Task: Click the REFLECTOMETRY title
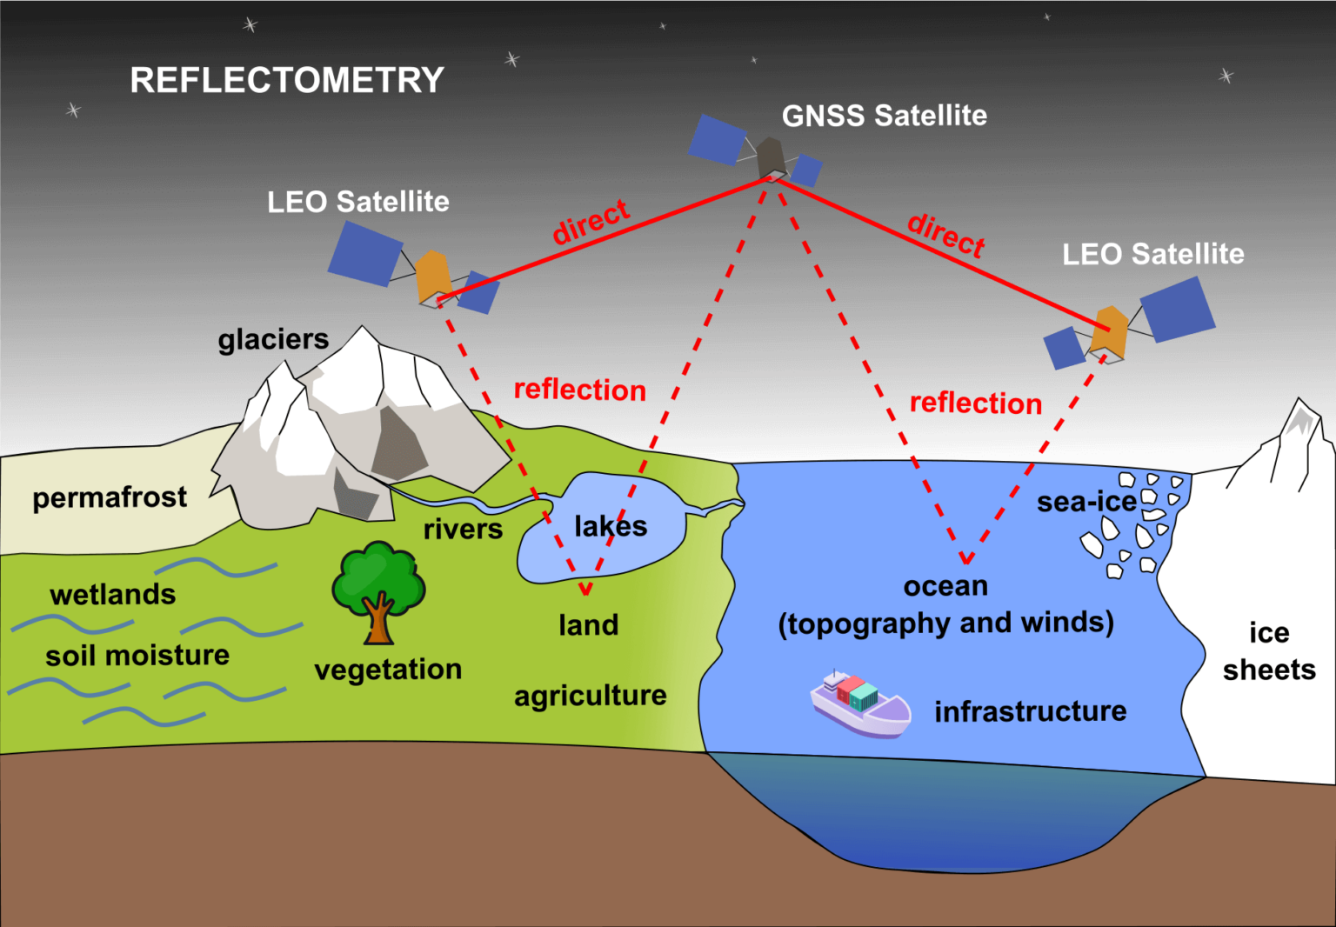[x=287, y=80]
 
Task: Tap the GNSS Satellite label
[x=884, y=116]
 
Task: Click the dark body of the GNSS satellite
[x=770, y=157]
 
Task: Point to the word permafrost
[x=110, y=497]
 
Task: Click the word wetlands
[x=113, y=595]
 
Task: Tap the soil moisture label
[x=137, y=655]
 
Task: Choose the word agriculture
[x=590, y=696]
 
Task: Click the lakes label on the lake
[x=611, y=526]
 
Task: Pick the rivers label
[x=463, y=529]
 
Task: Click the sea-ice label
[x=1086, y=502]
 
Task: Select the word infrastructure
[x=1030, y=711]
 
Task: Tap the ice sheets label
[x=1269, y=651]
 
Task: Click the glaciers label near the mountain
[x=273, y=339]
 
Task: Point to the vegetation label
[x=388, y=670]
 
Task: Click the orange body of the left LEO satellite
[x=432, y=276]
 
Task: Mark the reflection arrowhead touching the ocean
[x=965, y=558]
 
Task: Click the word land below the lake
[x=588, y=624]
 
